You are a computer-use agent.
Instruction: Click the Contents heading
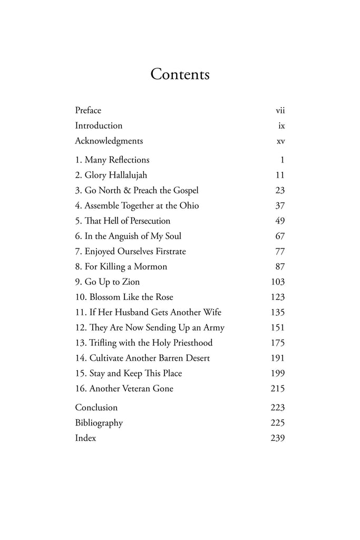click(180, 74)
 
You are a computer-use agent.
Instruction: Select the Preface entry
click(88, 110)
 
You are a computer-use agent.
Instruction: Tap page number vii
click(280, 111)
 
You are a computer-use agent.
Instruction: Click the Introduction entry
click(99, 126)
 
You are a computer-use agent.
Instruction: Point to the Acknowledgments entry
click(109, 141)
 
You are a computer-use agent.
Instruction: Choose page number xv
click(280, 141)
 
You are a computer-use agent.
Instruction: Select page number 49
click(280, 221)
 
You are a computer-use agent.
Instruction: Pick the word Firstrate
click(167, 252)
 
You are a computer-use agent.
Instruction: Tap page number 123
click(278, 297)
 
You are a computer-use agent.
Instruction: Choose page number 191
click(278, 358)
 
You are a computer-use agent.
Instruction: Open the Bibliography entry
click(99, 423)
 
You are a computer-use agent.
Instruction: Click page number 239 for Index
click(278, 438)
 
